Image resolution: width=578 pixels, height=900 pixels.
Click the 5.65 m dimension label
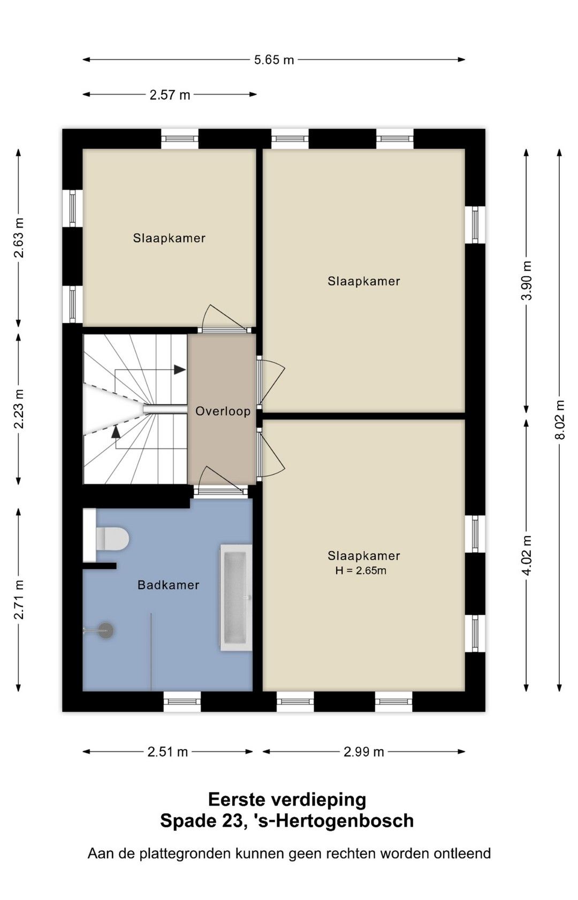273,60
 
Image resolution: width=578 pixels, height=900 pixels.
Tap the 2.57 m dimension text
170,95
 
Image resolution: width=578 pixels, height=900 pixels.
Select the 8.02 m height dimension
560,420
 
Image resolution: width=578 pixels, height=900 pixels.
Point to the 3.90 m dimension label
527,280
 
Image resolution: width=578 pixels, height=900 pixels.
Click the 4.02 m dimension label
527,555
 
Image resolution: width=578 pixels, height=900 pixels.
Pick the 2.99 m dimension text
364,752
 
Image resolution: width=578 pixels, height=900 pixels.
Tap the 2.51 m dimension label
168,752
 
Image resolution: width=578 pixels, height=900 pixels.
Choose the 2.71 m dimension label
19,599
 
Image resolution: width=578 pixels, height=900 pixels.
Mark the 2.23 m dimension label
19,409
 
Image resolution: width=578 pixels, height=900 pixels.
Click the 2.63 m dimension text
19,238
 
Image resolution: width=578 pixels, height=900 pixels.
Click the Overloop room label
223,411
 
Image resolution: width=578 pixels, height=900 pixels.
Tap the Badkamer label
169,585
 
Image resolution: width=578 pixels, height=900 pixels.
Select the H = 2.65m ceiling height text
361,570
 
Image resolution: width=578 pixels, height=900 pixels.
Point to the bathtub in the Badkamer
236,598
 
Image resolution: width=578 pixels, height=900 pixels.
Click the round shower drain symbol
106,630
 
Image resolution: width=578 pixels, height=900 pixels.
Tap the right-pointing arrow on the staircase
180,370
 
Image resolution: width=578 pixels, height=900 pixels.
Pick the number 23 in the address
231,821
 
